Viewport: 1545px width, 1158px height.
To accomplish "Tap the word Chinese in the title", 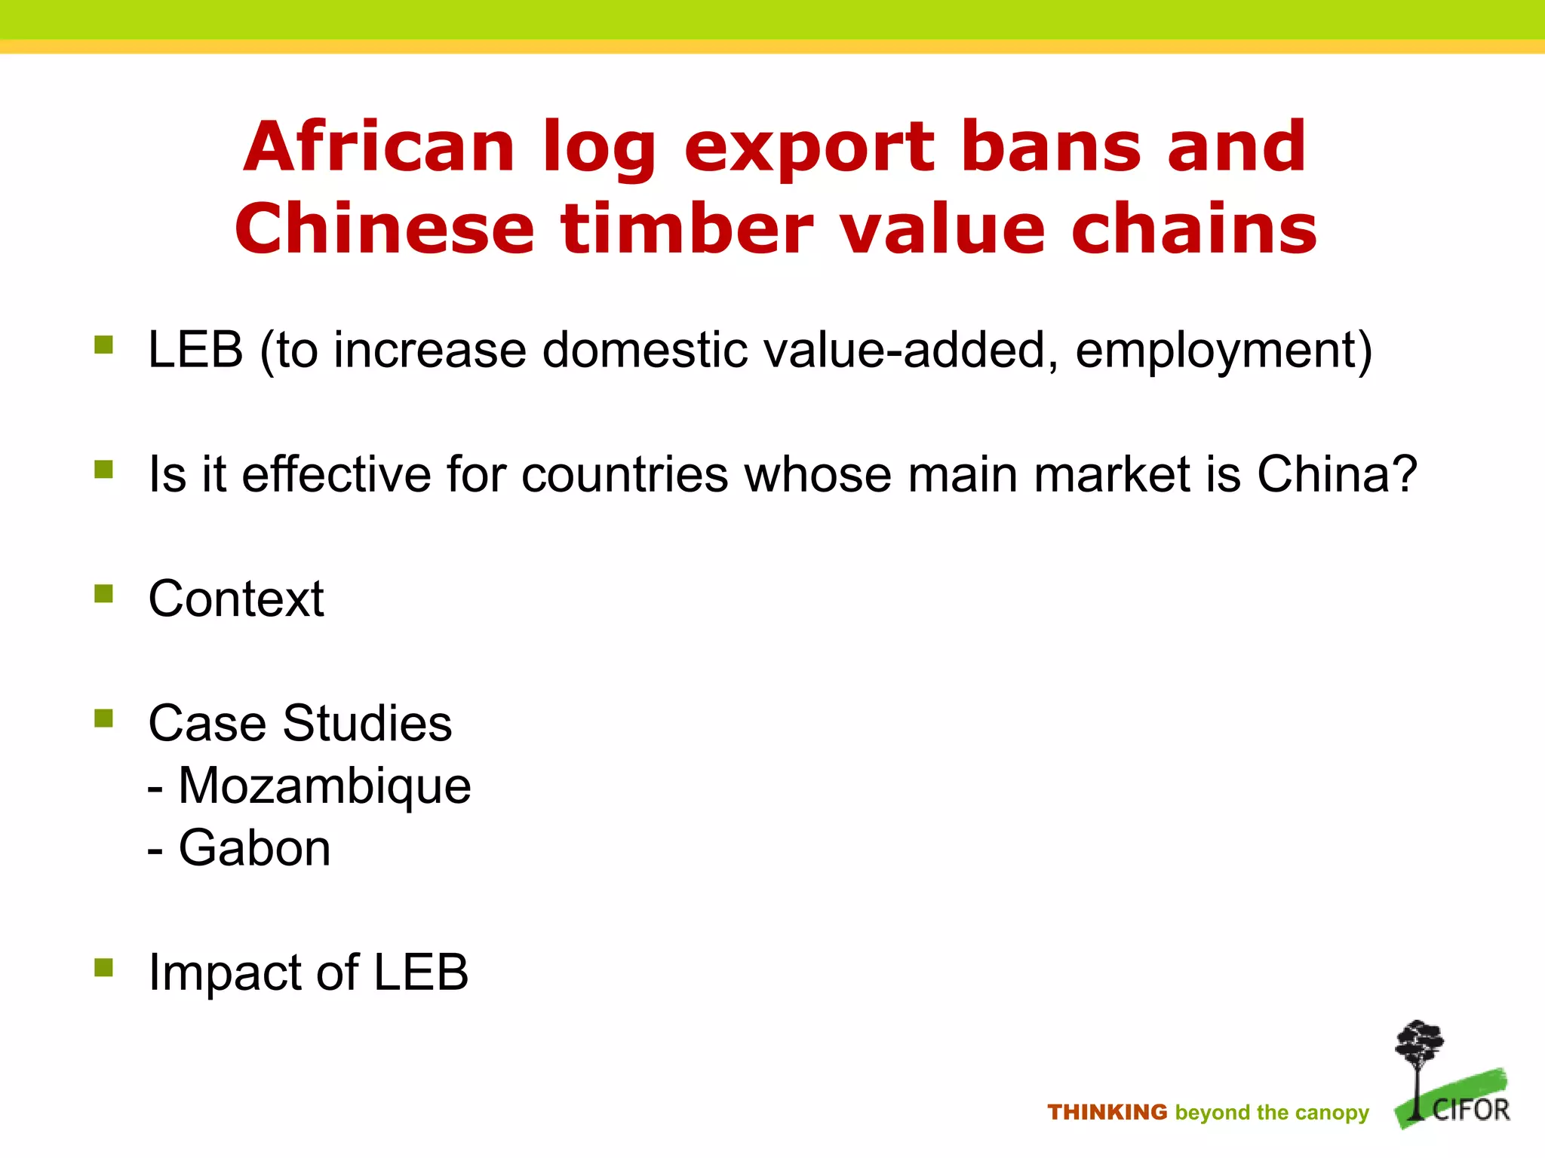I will [x=384, y=229].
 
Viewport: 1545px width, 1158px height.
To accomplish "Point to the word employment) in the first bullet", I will [x=1223, y=351].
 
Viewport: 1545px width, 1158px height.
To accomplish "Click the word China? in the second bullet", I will [x=1337, y=475].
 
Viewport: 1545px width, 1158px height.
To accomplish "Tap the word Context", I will [x=236, y=599].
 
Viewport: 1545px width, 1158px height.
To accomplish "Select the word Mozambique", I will [x=324, y=786].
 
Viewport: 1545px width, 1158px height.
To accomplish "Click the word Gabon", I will [x=254, y=849].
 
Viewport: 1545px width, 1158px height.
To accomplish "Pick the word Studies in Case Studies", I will [x=367, y=724].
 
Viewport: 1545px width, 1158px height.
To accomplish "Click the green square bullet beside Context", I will [x=103, y=594].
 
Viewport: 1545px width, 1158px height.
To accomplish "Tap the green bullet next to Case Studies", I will [x=103, y=718].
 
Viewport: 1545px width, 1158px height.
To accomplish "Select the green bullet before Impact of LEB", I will [x=103, y=967].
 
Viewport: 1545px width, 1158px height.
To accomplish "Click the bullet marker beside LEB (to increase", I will [x=103, y=345].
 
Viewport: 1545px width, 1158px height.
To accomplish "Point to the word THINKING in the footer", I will [x=1107, y=1112].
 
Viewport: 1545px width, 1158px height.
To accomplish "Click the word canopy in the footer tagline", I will [x=1332, y=1114].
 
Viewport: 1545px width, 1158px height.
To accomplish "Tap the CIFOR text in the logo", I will [x=1470, y=1110].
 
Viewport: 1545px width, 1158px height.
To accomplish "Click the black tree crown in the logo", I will [x=1419, y=1042].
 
